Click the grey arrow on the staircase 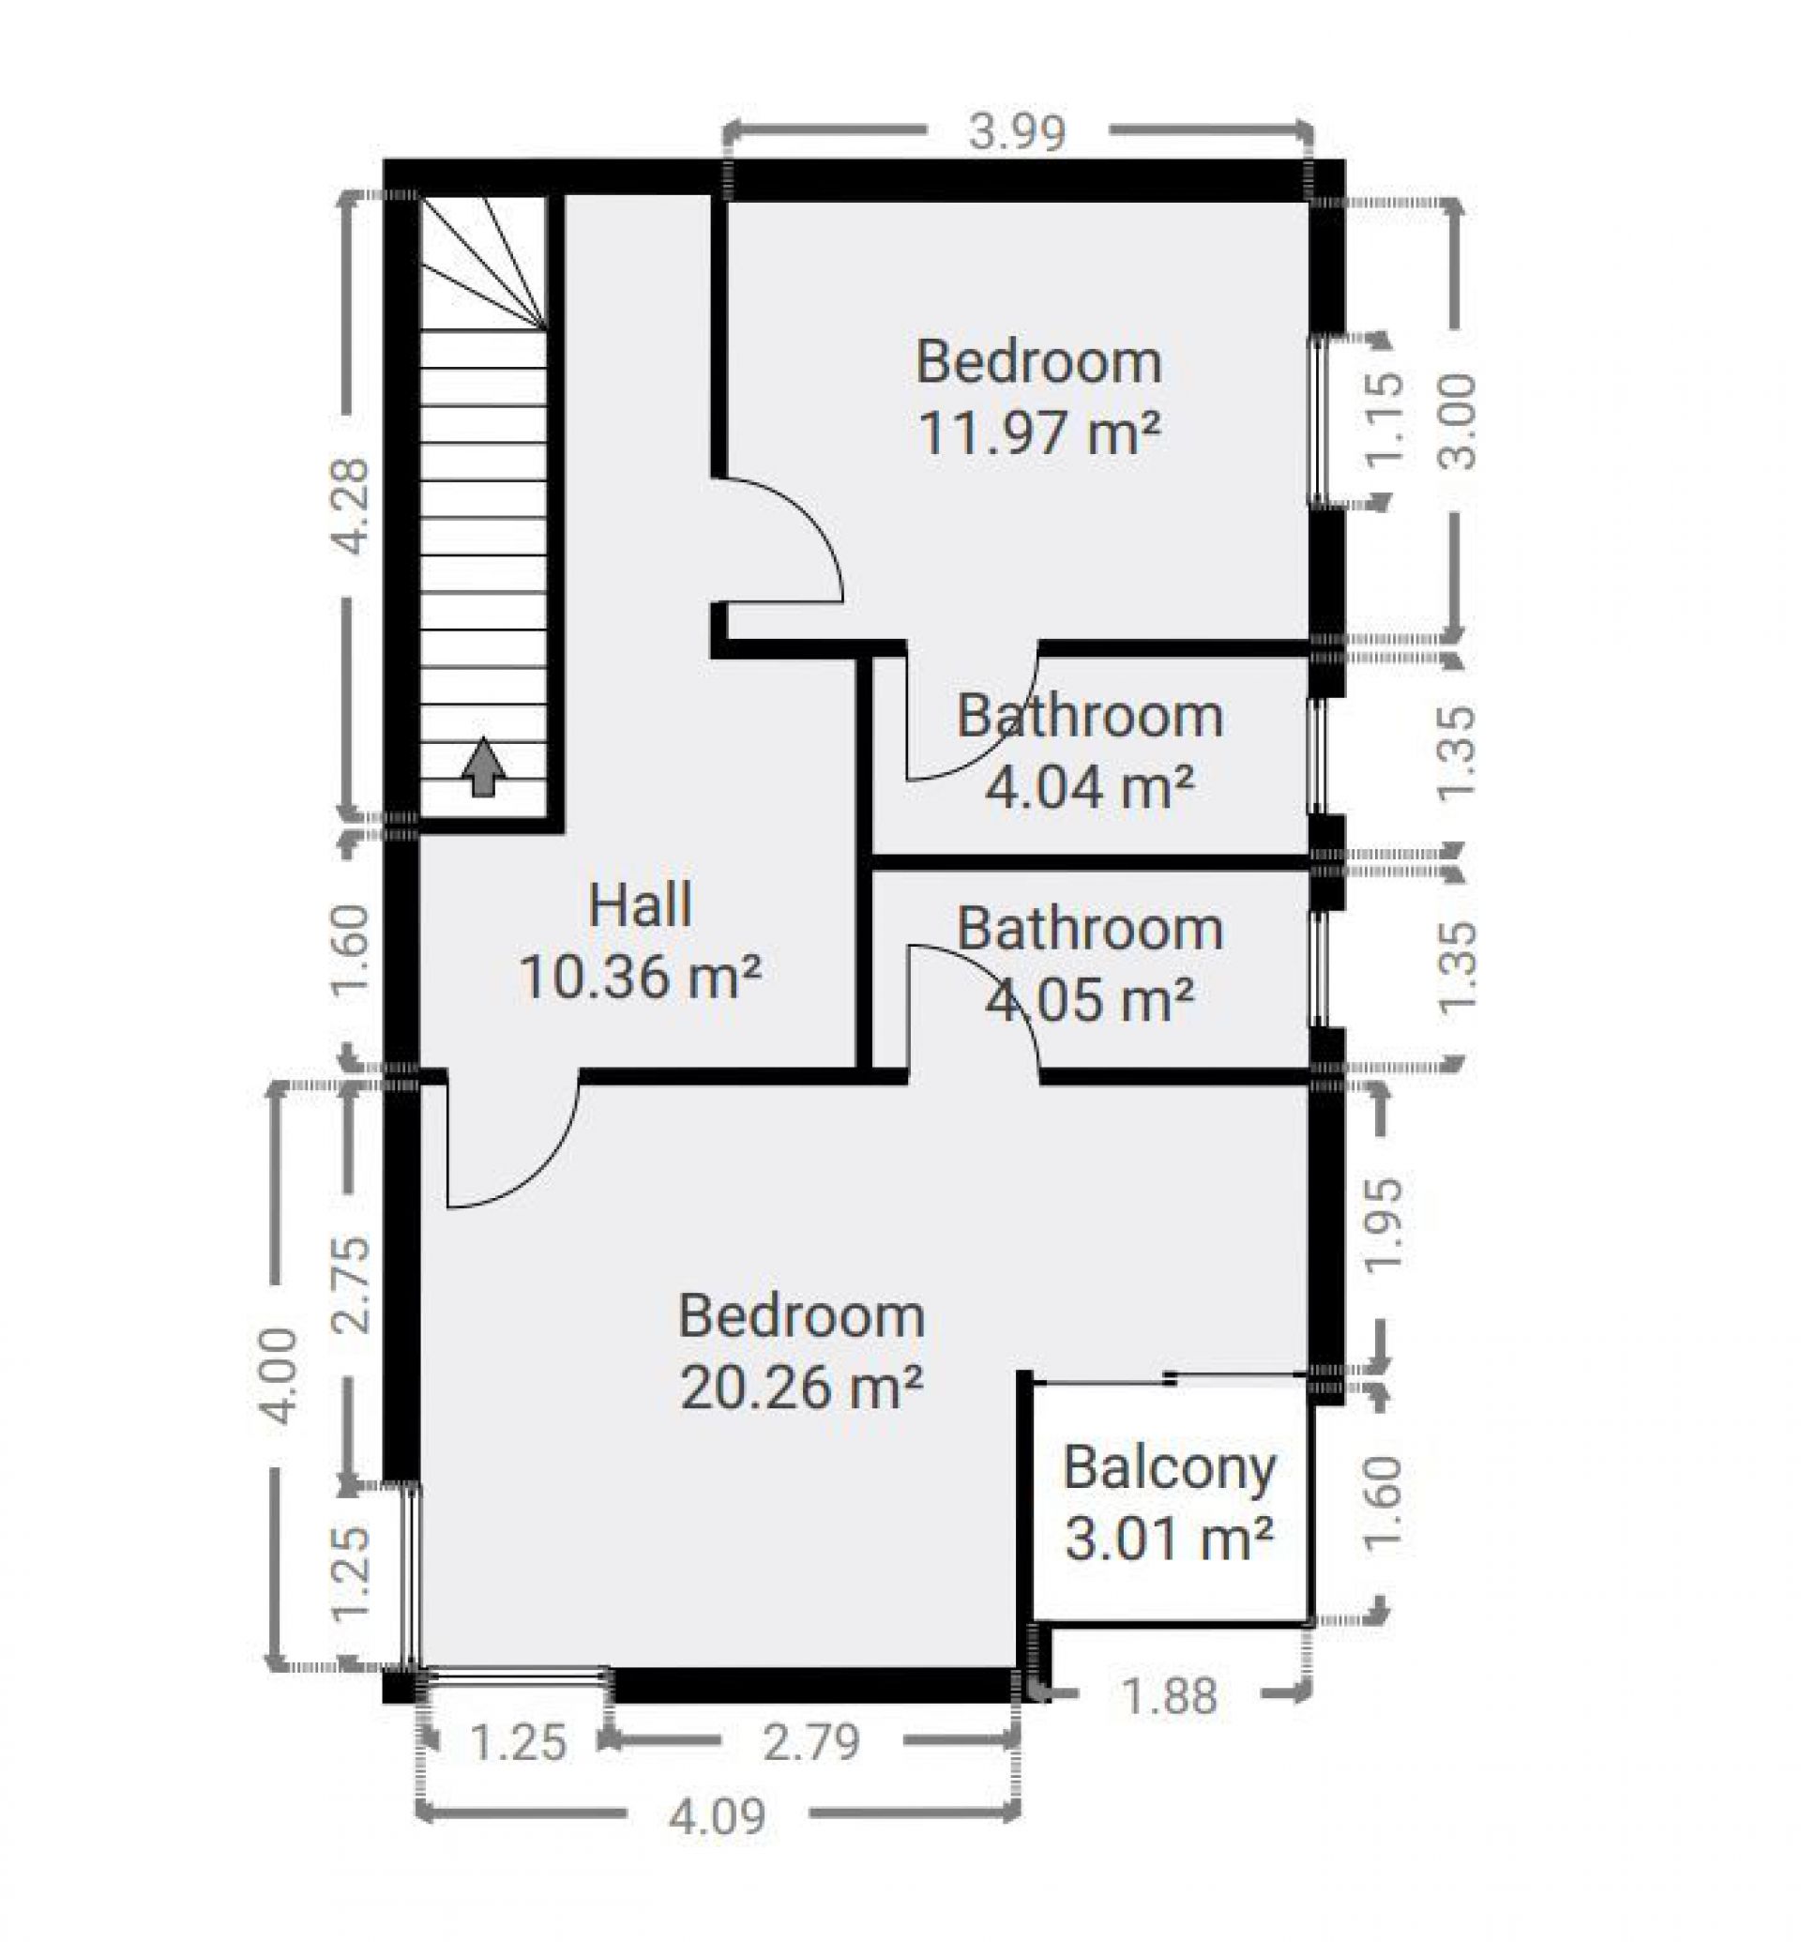[x=483, y=767]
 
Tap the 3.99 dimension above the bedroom [x=1017, y=131]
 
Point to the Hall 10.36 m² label [x=641, y=940]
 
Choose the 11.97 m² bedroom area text [x=1040, y=432]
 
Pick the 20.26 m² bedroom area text [x=801, y=1387]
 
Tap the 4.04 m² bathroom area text [x=1090, y=786]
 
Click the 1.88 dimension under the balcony [x=1170, y=1697]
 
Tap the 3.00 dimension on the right [x=1459, y=422]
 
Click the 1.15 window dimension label [x=1385, y=419]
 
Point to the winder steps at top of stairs [x=481, y=261]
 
